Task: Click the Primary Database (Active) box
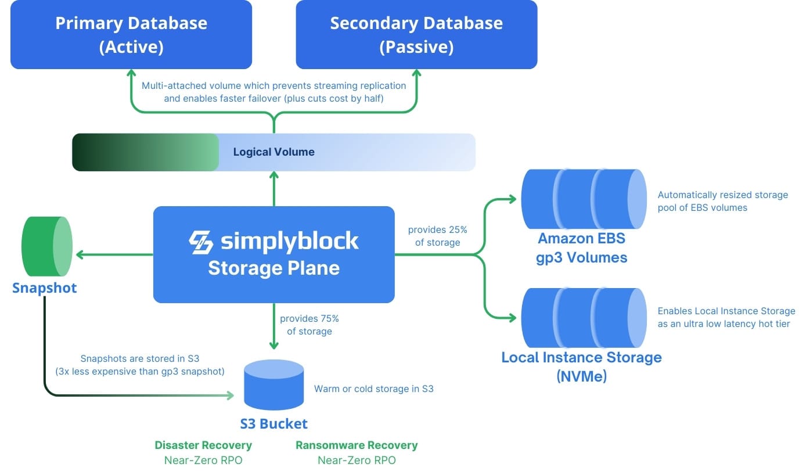(x=131, y=34)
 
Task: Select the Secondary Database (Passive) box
(x=416, y=34)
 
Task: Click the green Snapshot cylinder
(x=47, y=246)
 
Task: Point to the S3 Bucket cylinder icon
(x=274, y=384)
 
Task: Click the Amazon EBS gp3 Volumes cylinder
(x=584, y=199)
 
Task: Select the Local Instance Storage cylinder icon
(x=584, y=317)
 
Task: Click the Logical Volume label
(x=273, y=152)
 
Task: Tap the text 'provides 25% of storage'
(x=437, y=236)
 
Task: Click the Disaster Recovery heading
(x=203, y=445)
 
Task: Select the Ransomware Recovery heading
(x=357, y=445)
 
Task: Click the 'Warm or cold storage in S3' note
(x=373, y=389)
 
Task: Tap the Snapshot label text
(x=45, y=288)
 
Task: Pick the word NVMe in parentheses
(x=581, y=376)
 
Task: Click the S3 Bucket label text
(x=274, y=423)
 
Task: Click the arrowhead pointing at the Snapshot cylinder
(x=80, y=254)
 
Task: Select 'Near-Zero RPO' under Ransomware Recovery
(x=357, y=461)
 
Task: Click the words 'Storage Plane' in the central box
(x=273, y=268)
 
